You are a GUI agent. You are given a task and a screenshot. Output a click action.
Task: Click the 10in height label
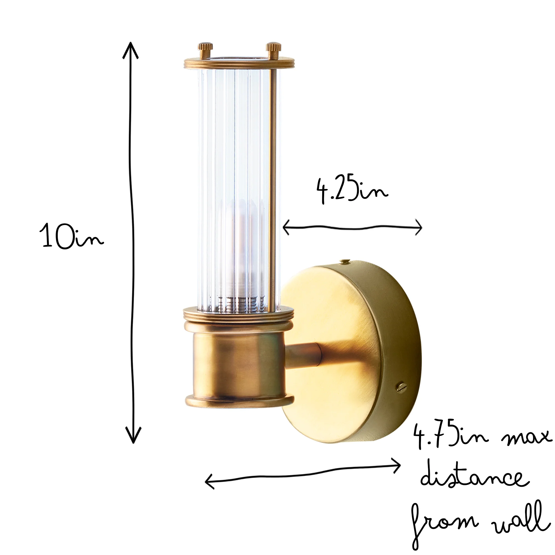(72, 236)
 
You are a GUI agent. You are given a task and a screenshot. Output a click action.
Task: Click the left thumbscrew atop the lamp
(205, 50)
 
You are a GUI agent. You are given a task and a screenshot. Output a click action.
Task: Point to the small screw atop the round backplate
(344, 261)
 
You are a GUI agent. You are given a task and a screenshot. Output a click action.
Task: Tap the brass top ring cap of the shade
(239, 63)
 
